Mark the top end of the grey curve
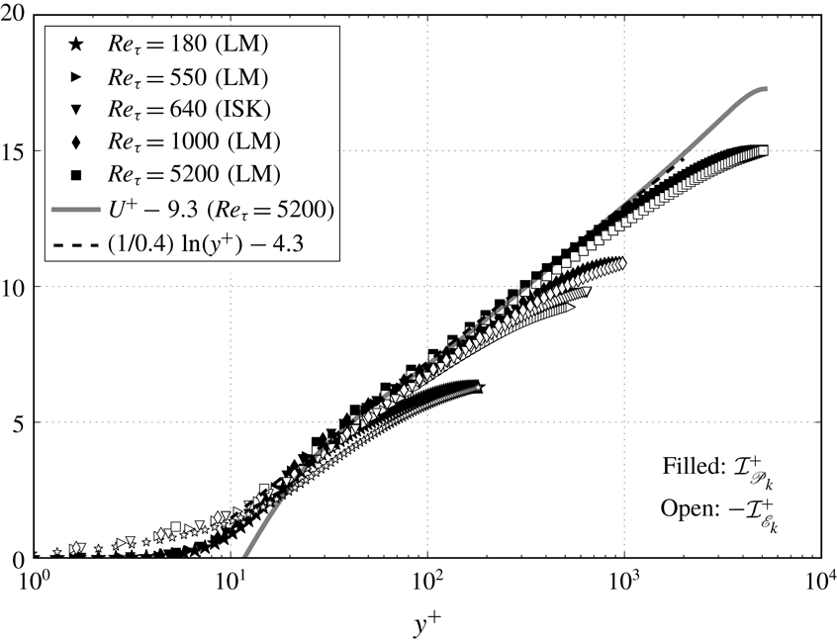(x=765, y=89)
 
